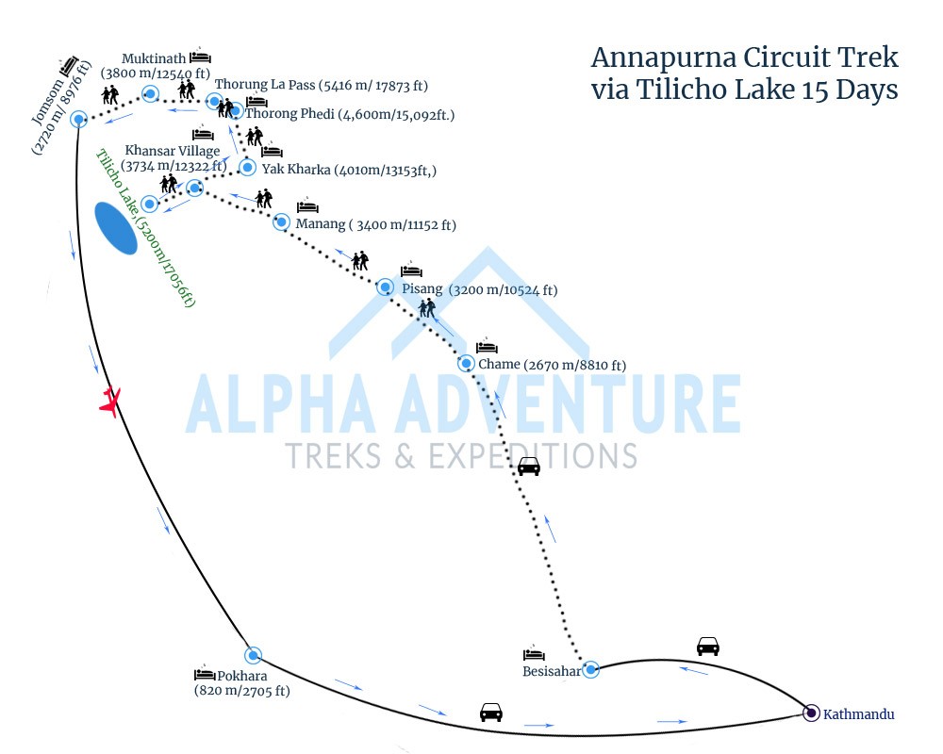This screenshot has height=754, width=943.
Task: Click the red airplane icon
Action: pyautogui.click(x=111, y=402)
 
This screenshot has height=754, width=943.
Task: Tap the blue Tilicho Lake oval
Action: pyautogui.click(x=116, y=228)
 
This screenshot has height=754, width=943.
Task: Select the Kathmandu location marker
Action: pyautogui.click(x=811, y=713)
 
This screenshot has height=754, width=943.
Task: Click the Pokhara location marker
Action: pyautogui.click(x=252, y=655)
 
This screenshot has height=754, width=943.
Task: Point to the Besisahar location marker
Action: pyautogui.click(x=590, y=669)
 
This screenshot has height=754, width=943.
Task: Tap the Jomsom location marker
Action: pyautogui.click(x=78, y=119)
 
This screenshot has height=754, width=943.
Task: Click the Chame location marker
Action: pyautogui.click(x=466, y=363)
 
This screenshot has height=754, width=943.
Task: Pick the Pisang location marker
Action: pyautogui.click(x=385, y=287)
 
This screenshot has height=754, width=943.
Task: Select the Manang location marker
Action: pyautogui.click(x=280, y=221)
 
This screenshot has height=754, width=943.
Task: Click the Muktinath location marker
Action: pyautogui.click(x=150, y=92)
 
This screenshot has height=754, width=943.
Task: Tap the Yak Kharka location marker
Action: pyautogui.click(x=247, y=167)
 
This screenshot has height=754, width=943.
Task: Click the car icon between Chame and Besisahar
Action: pyautogui.click(x=529, y=466)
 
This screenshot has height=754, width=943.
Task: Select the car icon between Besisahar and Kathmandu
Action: pyautogui.click(x=707, y=647)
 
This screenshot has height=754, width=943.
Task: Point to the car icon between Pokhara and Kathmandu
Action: pyautogui.click(x=490, y=712)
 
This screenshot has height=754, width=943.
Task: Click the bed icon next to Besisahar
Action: pyautogui.click(x=534, y=653)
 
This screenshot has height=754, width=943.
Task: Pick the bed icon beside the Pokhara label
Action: pyautogui.click(x=205, y=674)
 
